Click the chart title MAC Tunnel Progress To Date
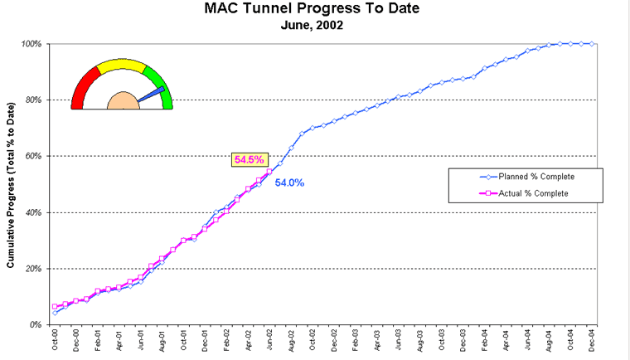tap(311, 10)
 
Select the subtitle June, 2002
tap(311, 25)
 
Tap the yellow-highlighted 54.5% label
tap(249, 159)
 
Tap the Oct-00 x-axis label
tap(56, 342)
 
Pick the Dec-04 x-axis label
tap(593, 342)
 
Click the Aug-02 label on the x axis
tap(291, 342)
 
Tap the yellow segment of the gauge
tap(122, 66)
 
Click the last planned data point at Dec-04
tap(593, 44)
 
